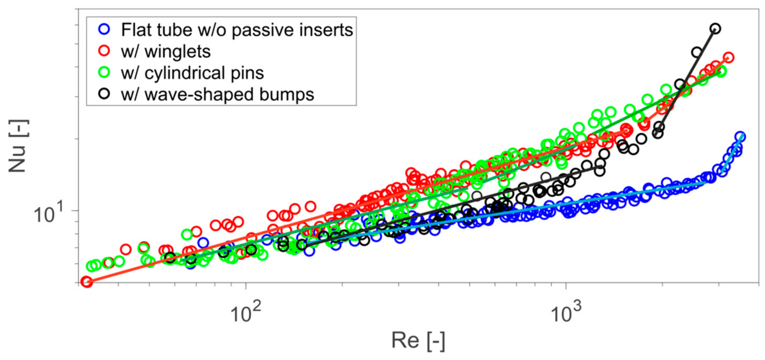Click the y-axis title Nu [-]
(18, 146)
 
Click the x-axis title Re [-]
(418, 341)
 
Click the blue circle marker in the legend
(104, 29)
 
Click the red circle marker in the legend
(104, 51)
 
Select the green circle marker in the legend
(104, 72)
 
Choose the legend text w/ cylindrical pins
(192, 73)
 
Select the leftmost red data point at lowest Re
(87, 282)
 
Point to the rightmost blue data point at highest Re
(740, 136)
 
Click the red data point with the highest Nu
(729, 57)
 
